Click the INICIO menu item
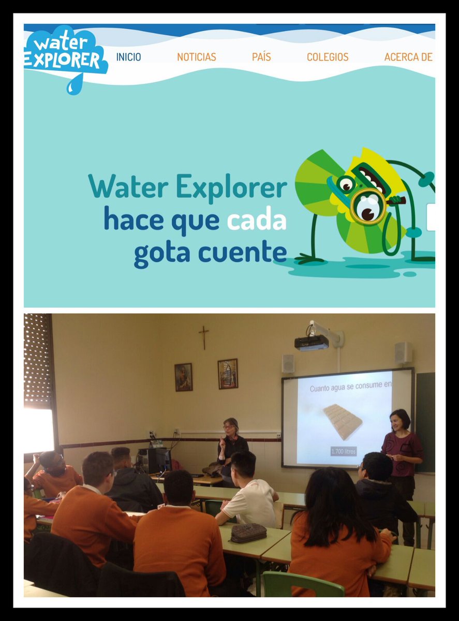click(128, 57)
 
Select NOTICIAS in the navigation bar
click(197, 57)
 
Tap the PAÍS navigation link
click(261, 57)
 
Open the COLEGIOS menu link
click(328, 57)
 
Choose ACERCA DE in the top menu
click(408, 57)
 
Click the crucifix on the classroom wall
click(204, 337)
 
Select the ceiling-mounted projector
click(312, 342)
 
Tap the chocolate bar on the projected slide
click(343, 421)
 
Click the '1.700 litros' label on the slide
click(344, 451)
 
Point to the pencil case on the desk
click(248, 533)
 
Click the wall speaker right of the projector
click(403, 353)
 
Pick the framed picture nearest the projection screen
click(228, 374)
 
